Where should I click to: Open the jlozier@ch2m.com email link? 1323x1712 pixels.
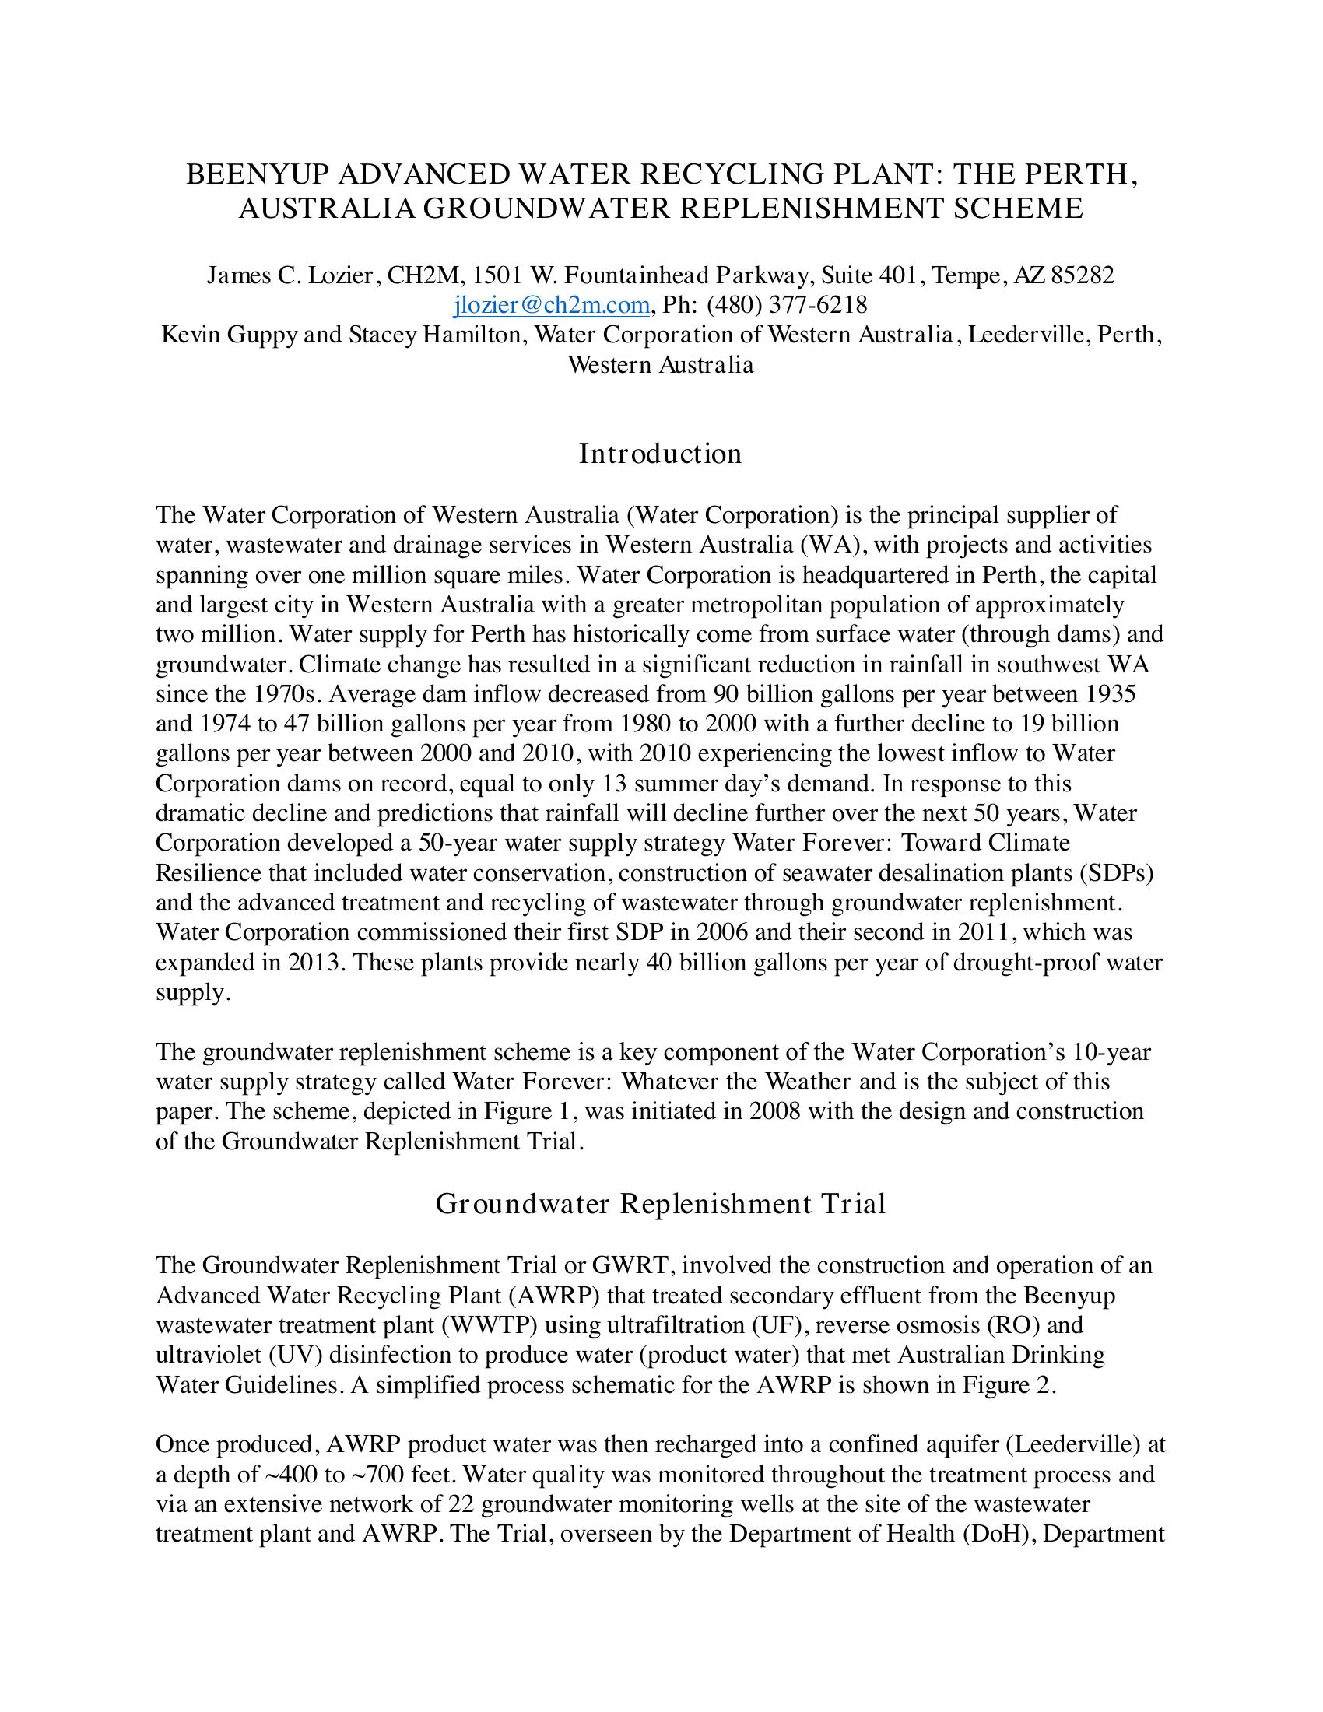tap(552, 305)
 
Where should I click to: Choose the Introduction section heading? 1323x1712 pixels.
tap(661, 454)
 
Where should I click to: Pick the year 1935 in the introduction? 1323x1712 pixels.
tap(1111, 693)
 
